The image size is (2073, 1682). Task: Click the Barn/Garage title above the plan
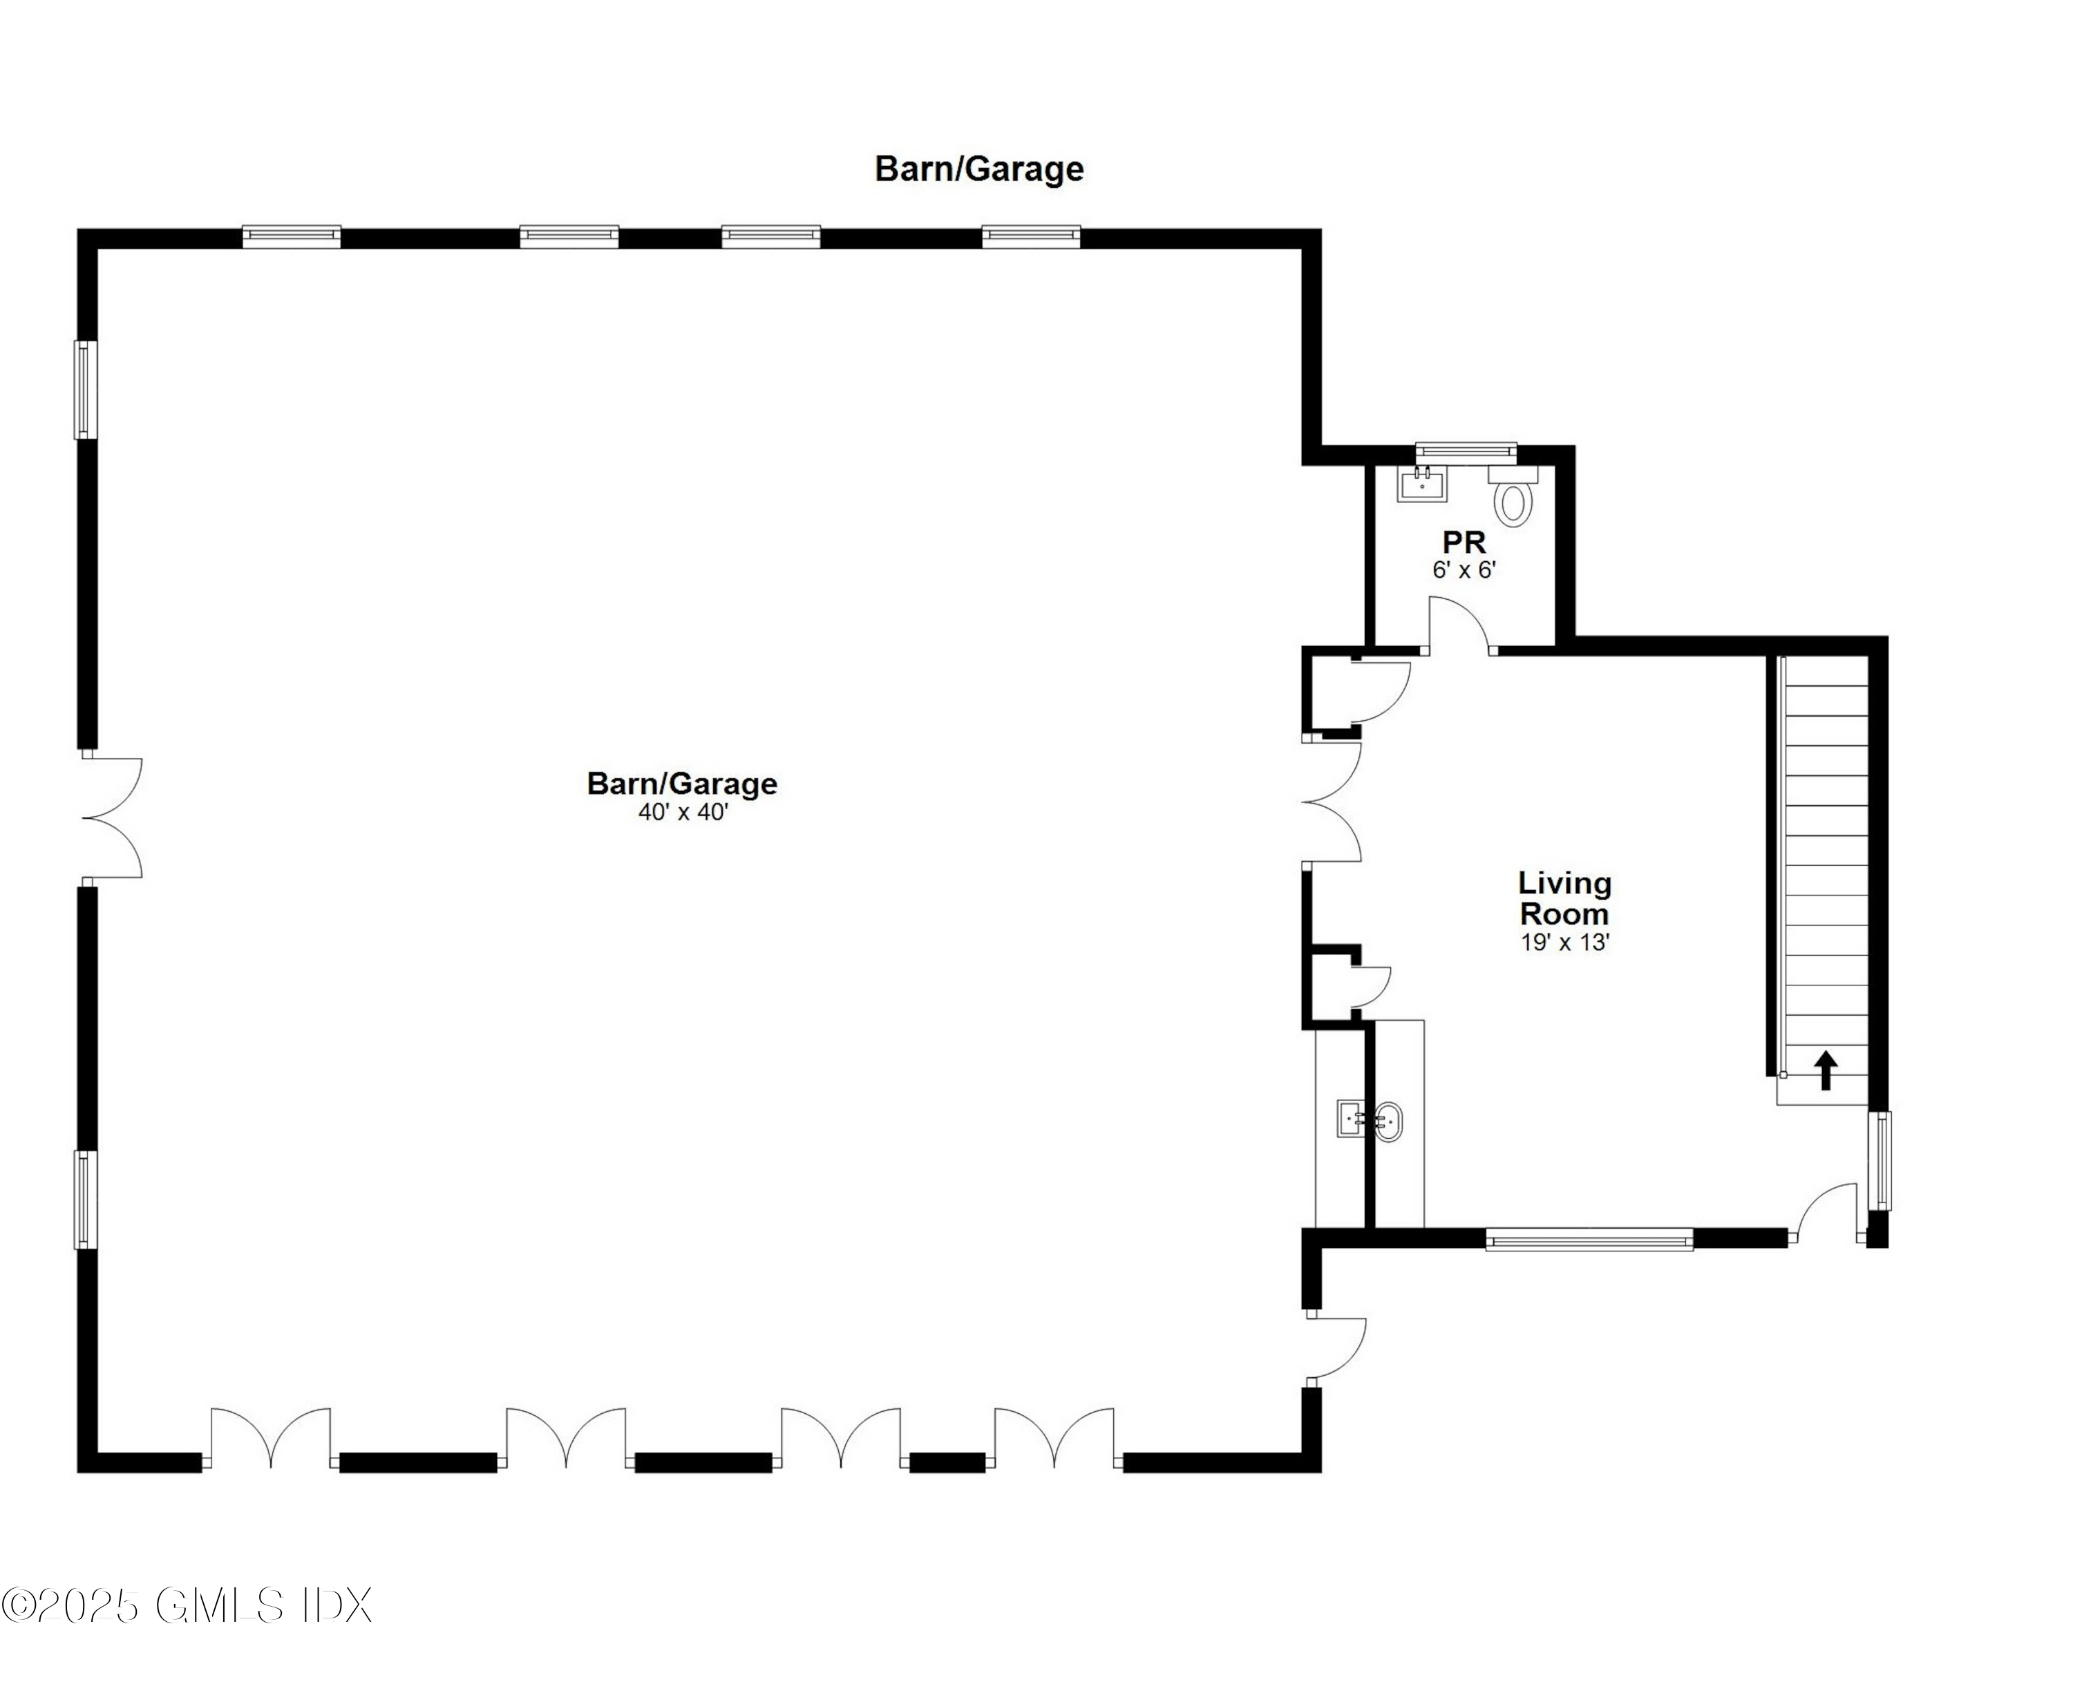click(x=978, y=169)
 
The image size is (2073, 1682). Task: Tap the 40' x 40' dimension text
click(x=682, y=812)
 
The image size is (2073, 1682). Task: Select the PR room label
click(x=1464, y=542)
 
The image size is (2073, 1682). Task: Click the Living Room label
click(x=1564, y=898)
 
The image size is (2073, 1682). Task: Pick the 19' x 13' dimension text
click(x=1564, y=942)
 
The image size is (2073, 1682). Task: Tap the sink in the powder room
click(x=1422, y=484)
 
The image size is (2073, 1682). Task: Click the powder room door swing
click(x=1461, y=627)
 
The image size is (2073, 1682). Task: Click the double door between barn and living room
click(x=1333, y=802)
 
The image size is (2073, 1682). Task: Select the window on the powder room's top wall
click(x=1466, y=451)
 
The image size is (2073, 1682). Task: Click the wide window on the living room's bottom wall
click(x=1589, y=1239)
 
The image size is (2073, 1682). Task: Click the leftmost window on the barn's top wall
click(x=291, y=236)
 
